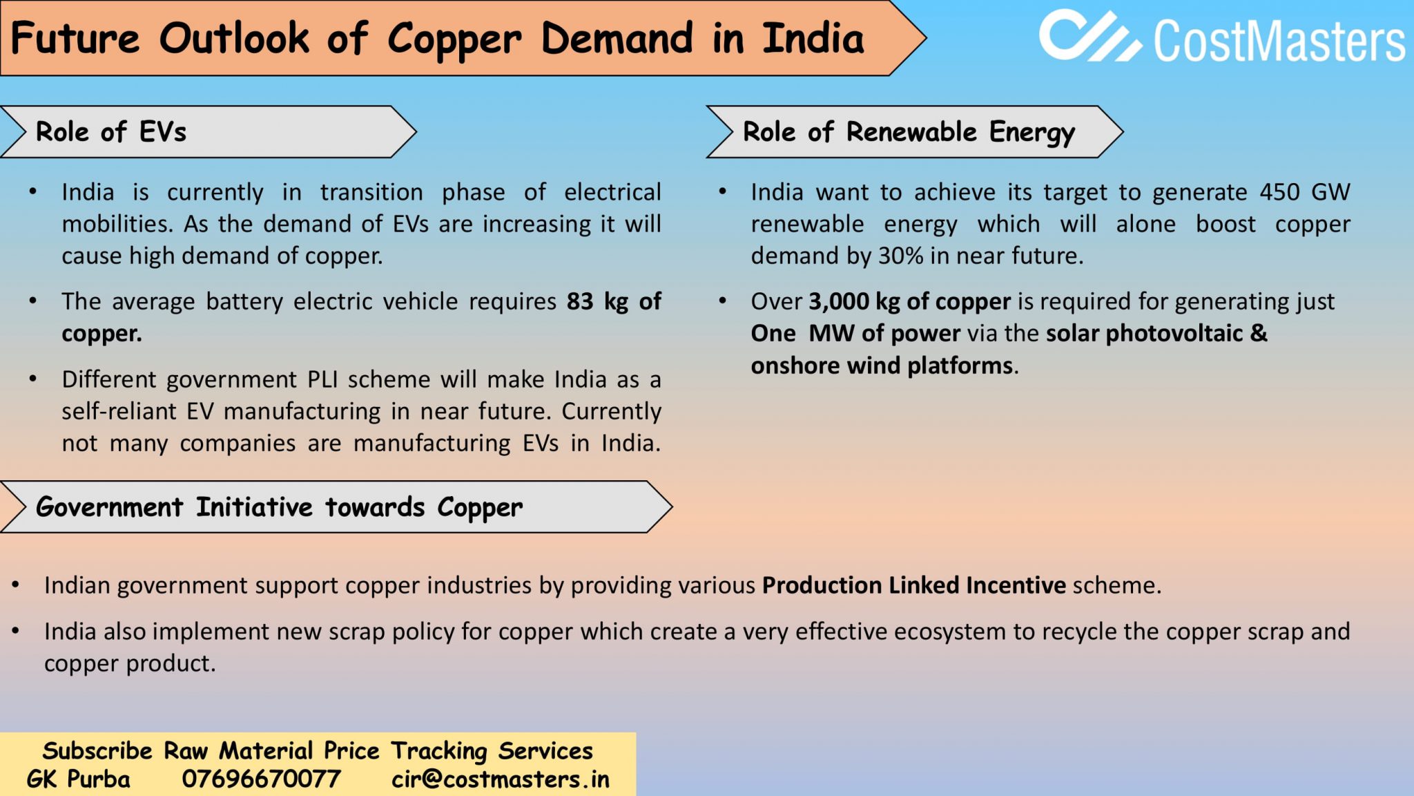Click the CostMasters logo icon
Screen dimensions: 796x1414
[1089, 36]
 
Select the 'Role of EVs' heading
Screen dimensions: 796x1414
[111, 132]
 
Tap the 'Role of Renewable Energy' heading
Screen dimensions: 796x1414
[909, 132]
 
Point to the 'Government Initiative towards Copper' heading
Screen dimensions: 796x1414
[279, 507]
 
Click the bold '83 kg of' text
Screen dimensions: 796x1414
[614, 302]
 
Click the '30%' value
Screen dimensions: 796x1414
[900, 256]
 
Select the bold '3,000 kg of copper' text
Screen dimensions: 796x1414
[909, 302]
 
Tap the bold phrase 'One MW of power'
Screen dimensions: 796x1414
[855, 334]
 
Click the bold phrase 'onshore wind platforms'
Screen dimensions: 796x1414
[882, 366]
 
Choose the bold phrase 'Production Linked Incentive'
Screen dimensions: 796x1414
[913, 586]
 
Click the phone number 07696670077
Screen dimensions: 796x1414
[261, 779]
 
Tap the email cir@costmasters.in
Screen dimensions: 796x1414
[501, 779]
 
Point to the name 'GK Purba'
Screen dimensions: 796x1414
[78, 779]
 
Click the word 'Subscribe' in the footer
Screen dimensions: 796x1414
[97, 750]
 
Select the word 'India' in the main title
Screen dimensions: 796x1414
[813, 39]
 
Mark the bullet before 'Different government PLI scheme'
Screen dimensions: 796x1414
[32, 379]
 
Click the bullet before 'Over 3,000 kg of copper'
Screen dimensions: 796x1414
[722, 301]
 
